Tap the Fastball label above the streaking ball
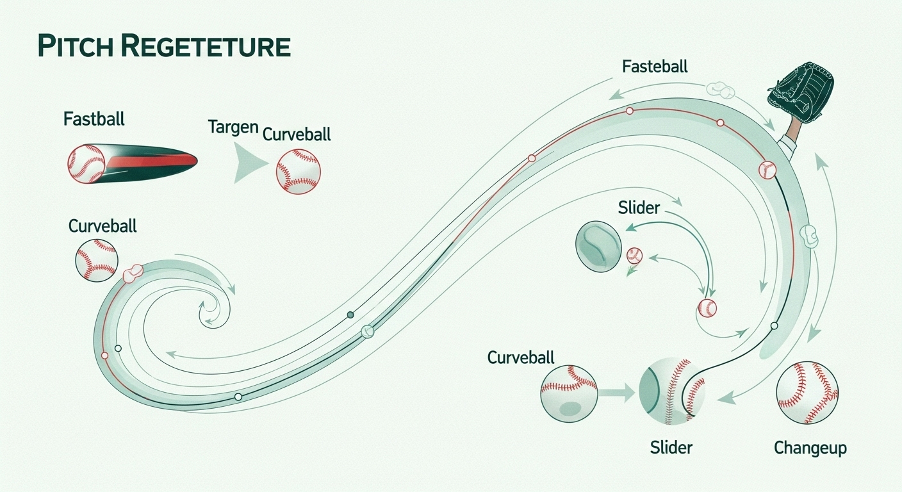[94, 119]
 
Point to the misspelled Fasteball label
[655, 66]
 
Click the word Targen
[233, 126]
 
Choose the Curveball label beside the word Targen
[297, 134]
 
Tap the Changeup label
[810, 448]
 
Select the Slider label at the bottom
[671, 447]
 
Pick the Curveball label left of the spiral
[102, 225]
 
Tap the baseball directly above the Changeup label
[807, 392]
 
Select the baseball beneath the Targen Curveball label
[298, 171]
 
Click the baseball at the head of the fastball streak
[86, 163]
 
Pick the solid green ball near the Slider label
[598, 243]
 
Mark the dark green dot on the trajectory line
[350, 315]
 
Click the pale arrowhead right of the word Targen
[249, 163]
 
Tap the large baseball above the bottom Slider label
[672, 391]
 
